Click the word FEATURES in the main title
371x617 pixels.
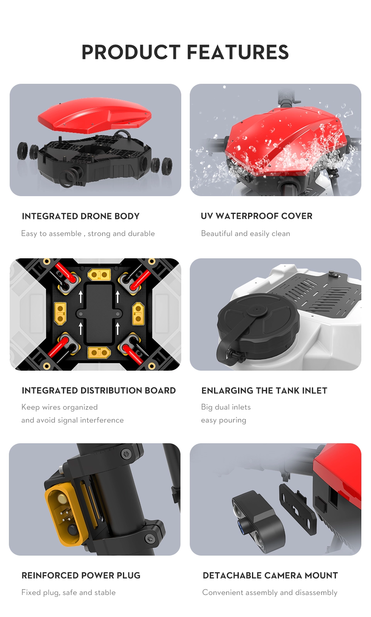pyautogui.click(x=238, y=52)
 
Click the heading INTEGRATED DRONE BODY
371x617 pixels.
pyautogui.click(x=80, y=216)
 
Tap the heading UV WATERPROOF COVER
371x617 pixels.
pyautogui.click(x=257, y=216)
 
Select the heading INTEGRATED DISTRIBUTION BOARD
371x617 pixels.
pyautogui.click(x=99, y=390)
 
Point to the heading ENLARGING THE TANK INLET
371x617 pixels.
pyautogui.click(x=264, y=390)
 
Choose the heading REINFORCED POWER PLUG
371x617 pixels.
pyautogui.click(x=81, y=575)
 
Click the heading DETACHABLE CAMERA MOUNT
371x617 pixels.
pyautogui.click(x=271, y=575)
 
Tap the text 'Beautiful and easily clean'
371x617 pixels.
pyautogui.click(x=245, y=234)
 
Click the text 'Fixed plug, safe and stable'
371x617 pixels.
pyautogui.click(x=69, y=593)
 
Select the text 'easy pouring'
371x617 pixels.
pyautogui.click(x=223, y=420)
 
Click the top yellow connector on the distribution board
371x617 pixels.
pyautogui.click(x=99, y=275)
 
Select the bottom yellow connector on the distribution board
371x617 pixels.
pyautogui.click(x=99, y=352)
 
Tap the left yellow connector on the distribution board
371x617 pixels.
pyautogui.click(x=60, y=314)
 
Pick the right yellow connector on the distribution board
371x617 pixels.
pyautogui.click(x=138, y=314)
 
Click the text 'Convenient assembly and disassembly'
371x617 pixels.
pyautogui.click(x=270, y=593)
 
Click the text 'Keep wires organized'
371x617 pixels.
pyautogui.click(x=60, y=407)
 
